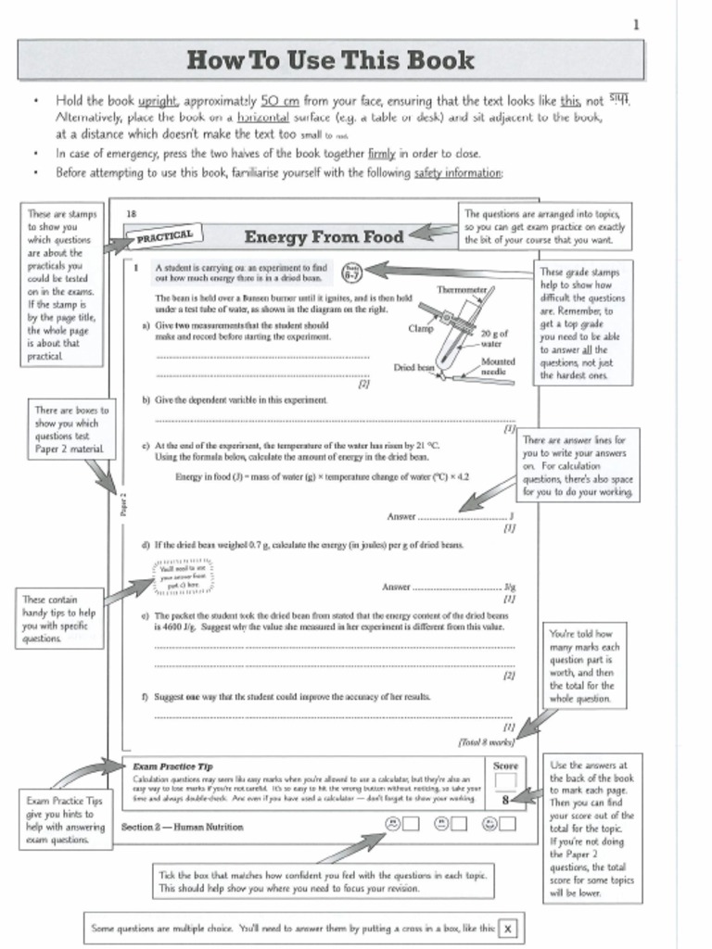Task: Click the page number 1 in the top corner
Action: [x=635, y=25]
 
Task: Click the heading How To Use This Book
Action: [x=330, y=61]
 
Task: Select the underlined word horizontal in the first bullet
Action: [x=263, y=118]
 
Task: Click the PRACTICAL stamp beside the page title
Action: [x=165, y=236]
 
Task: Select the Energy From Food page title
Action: [x=324, y=237]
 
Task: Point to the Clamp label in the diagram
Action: [x=420, y=328]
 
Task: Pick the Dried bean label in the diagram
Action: [x=413, y=367]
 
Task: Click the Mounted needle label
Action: [x=498, y=367]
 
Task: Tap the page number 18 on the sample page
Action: [x=131, y=214]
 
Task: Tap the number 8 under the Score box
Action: [x=505, y=800]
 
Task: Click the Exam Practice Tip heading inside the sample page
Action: [x=172, y=766]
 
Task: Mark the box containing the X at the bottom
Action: [x=508, y=928]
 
